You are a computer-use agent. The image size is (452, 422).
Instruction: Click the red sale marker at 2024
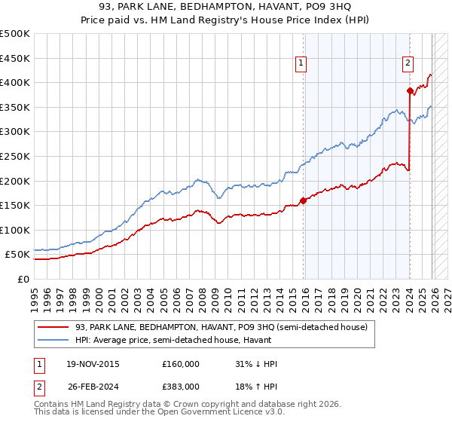click(x=410, y=91)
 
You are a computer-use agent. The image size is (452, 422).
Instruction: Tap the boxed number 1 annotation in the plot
click(x=301, y=64)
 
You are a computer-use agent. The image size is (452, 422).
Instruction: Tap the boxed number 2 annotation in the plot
click(x=408, y=64)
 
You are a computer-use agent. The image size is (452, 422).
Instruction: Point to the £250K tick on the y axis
click(x=15, y=156)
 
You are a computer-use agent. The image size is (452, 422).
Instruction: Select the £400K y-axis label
click(x=15, y=82)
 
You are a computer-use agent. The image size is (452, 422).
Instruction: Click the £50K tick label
click(x=18, y=255)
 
